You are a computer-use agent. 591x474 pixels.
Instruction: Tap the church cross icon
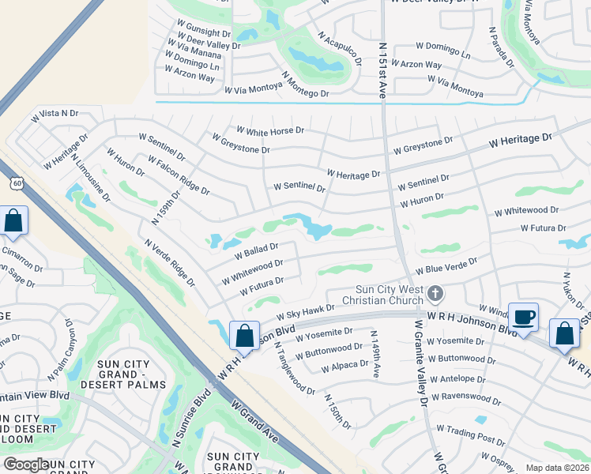(435, 295)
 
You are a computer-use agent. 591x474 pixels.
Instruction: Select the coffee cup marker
(524, 318)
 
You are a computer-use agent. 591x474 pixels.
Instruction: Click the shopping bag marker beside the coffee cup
(565, 333)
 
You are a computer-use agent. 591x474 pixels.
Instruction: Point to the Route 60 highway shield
(17, 183)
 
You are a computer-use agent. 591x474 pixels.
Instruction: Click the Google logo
(26, 465)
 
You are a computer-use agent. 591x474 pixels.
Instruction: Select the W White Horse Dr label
(269, 130)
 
